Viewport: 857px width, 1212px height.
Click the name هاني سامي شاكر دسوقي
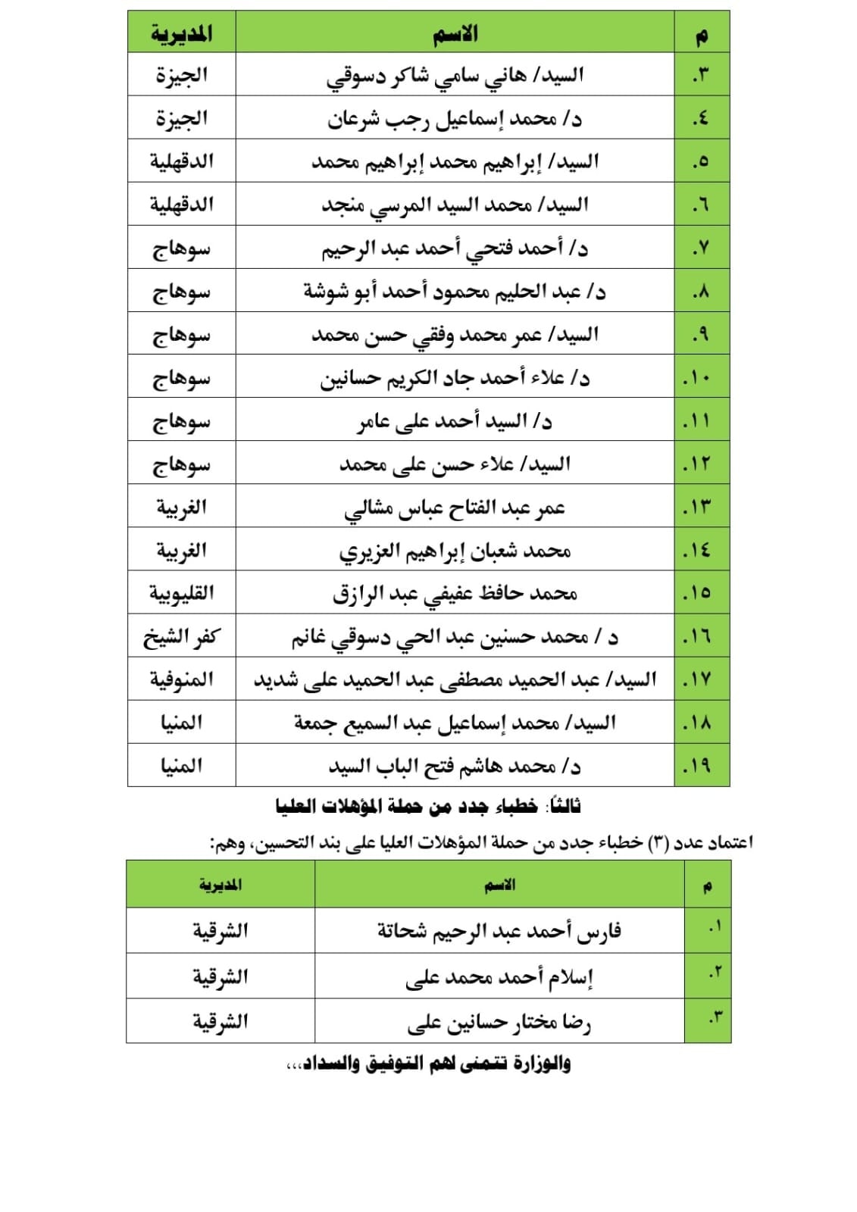pos(455,75)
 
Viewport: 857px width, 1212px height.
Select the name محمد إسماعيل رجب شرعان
pos(455,118)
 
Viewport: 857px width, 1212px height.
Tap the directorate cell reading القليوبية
pos(181,593)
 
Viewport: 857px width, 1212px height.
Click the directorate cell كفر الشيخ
pos(181,636)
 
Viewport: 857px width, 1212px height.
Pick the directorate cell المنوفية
pos(181,679)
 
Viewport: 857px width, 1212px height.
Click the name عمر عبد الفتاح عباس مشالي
pos(455,508)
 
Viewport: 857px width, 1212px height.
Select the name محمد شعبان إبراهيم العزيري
pos(455,551)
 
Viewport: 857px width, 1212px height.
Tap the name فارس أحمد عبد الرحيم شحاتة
pos(499,930)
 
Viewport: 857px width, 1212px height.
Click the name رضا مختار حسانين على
pos(499,1022)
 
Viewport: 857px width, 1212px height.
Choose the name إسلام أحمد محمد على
pos(499,976)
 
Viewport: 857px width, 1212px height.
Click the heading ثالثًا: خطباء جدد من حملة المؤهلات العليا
pos(428,807)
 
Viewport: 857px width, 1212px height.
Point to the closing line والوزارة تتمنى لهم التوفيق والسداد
pos(428,1064)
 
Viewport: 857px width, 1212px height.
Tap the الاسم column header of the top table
pos(455,33)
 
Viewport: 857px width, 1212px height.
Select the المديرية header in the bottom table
pos(221,885)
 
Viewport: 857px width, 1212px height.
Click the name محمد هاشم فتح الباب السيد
pos(455,766)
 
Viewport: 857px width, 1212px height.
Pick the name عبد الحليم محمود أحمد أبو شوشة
pos(455,292)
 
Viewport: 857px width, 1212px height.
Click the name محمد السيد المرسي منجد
pos(455,205)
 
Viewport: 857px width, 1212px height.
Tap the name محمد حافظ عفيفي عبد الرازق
pos(455,593)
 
